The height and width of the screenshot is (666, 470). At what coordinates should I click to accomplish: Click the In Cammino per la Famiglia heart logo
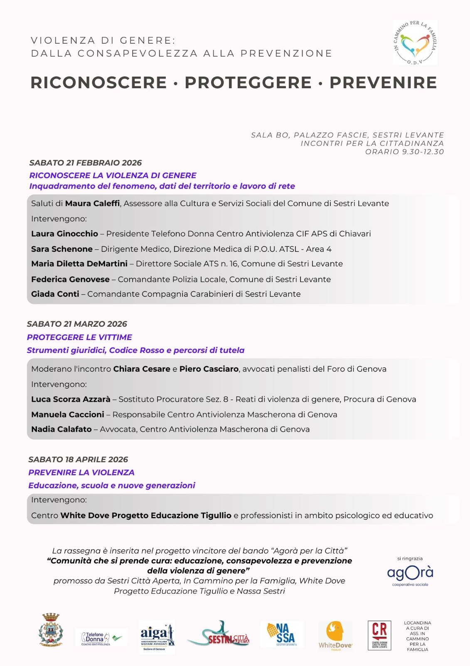pos(415,43)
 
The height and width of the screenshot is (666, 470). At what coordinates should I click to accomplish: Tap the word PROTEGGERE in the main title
pos(248,82)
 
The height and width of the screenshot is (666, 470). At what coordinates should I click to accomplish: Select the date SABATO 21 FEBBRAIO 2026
pos(85,163)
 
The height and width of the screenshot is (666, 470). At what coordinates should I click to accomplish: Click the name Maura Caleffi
pos(92,204)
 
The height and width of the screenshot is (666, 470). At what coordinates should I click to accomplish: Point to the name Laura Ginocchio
pos(64,234)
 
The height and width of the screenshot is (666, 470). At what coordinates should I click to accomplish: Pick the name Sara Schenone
pos(62,249)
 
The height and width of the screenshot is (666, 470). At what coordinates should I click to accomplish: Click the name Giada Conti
pos(55,294)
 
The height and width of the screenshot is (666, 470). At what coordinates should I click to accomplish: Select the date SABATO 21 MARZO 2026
pos(77,324)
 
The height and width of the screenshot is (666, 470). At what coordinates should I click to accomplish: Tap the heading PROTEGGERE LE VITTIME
pos(79,337)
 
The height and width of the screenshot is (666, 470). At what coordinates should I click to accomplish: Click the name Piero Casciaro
pos(209,369)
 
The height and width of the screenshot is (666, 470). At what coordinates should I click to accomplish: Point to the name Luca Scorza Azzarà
pos(71,400)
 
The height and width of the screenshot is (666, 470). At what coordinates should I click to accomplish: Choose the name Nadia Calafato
pos(62,430)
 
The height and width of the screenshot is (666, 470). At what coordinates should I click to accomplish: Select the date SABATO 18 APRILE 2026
pos(78,460)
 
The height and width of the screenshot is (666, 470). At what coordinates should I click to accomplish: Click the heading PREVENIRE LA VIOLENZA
pos(81,472)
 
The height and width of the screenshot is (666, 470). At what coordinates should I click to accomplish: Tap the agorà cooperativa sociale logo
pos(410,574)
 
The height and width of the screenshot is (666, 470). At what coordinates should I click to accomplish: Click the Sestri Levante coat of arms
pos(51,630)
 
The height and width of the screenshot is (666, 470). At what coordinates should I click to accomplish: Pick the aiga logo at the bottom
pos(157,636)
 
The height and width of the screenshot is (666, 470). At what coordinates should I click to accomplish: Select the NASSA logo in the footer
pos(282,634)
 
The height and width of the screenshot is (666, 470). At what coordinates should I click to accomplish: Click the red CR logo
pos(379,635)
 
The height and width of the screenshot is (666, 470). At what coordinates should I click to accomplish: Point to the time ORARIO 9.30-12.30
pos(404,152)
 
